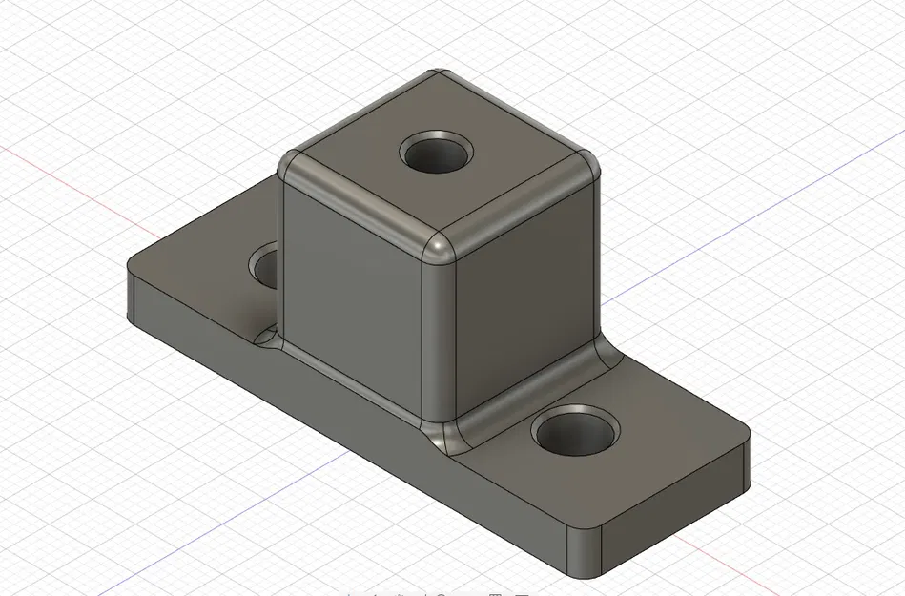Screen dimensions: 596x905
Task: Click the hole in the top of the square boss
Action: (438, 153)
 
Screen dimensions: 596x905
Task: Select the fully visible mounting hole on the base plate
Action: (575, 432)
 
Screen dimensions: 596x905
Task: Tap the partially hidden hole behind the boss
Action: (265, 266)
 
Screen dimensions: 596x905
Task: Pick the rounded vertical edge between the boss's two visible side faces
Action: (438, 334)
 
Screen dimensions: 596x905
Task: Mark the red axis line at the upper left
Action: (57, 172)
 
